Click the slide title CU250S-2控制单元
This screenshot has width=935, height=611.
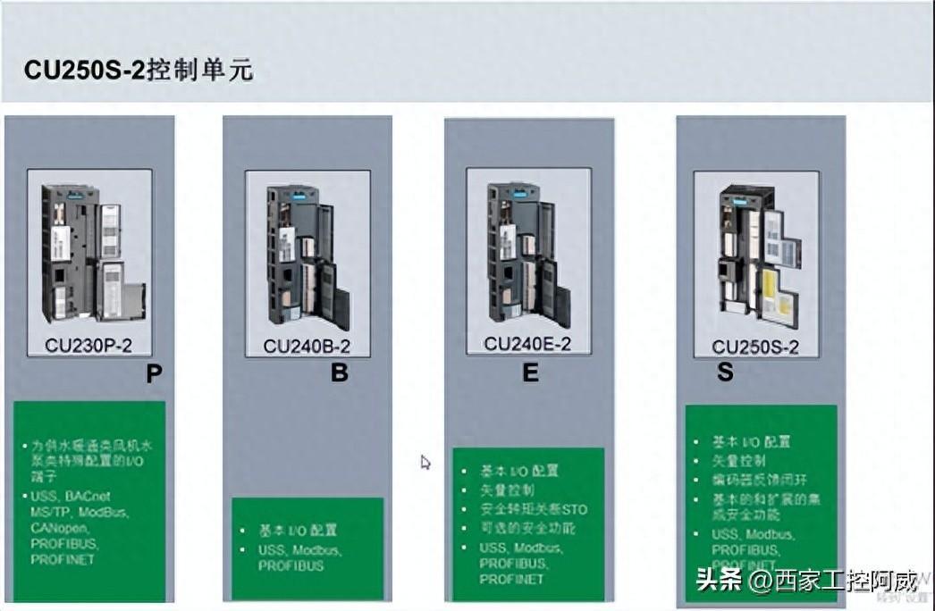tap(139, 70)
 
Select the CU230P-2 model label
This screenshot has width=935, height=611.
tap(88, 346)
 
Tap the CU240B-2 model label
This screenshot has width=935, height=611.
tap(307, 347)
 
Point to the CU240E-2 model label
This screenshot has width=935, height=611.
tap(527, 344)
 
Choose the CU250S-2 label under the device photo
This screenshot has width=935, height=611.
tap(755, 347)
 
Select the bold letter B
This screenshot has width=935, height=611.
tap(340, 372)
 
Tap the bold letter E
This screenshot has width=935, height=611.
tap(531, 372)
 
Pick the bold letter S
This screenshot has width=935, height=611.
tap(724, 372)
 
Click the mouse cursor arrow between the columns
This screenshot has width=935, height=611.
tap(425, 462)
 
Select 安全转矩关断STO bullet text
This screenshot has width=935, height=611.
tap(534, 509)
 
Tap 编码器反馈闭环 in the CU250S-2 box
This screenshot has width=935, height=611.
tap(749, 480)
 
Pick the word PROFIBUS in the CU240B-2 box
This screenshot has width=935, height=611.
tap(291, 566)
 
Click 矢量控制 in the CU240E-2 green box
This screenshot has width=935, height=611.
tap(508, 490)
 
